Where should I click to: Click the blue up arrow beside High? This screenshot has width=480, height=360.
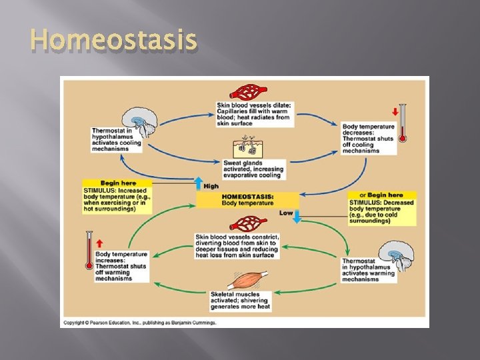[x=198, y=183]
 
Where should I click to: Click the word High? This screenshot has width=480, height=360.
[x=211, y=186]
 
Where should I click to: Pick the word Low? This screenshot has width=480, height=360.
[x=285, y=213]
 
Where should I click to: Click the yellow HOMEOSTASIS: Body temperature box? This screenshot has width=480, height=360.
[x=247, y=200]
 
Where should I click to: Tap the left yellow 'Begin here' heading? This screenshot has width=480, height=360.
[x=117, y=183]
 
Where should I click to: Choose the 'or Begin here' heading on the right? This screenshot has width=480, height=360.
[x=381, y=195]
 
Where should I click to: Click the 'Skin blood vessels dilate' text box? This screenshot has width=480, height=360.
[x=253, y=114]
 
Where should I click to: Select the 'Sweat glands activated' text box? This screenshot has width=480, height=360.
[x=255, y=169]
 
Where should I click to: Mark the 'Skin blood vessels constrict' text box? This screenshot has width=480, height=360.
[x=237, y=246]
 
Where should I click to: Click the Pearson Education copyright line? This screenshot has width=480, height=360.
[x=139, y=322]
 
